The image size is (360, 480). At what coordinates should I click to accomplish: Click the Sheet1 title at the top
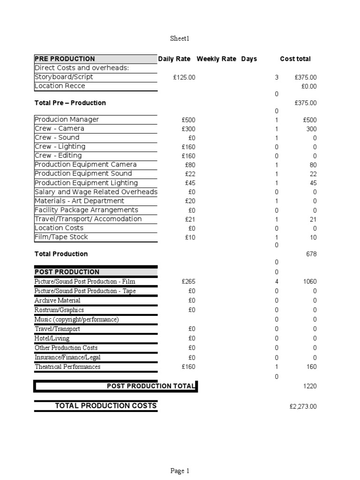coord(180,38)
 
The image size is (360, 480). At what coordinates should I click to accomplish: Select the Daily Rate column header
coord(174,59)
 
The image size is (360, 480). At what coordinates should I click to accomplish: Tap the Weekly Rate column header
coord(216,59)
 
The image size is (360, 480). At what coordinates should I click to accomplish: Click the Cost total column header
coord(295,59)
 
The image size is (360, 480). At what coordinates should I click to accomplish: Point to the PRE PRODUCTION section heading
coord(65,59)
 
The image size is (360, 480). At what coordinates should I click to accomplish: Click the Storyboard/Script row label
coord(64,77)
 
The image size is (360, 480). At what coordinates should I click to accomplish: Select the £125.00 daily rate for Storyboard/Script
coord(184,77)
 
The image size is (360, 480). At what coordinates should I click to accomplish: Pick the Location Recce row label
coord(60,86)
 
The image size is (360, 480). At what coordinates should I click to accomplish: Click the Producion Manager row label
coord(67,120)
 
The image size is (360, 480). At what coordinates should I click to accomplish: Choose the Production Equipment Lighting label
coord(86,183)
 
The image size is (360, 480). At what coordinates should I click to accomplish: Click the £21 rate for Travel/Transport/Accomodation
coord(190,219)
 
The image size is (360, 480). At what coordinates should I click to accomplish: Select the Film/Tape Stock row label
coord(61,237)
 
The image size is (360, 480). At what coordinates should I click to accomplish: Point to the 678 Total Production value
coord(311,254)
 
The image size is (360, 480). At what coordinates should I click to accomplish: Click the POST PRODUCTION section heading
coord(67,272)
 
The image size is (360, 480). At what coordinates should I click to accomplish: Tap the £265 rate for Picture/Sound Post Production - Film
coord(188,282)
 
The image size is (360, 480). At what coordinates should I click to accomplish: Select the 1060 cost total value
coord(309,282)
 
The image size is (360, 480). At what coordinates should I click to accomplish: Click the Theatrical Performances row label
coord(67,367)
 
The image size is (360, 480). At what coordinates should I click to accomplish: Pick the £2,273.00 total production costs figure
coord(303,406)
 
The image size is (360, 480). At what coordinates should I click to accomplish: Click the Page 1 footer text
coord(180,471)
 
